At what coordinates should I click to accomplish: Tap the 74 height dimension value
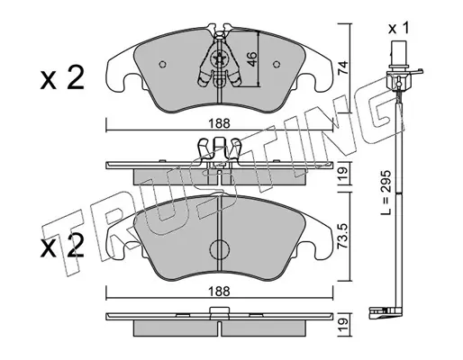pyautogui.click(x=343, y=67)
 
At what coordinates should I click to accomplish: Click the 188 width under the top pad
pyautogui.click(x=220, y=123)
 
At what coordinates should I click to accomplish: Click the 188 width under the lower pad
pyautogui.click(x=220, y=291)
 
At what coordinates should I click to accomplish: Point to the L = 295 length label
pyautogui.click(x=386, y=193)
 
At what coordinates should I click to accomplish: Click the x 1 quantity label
pyautogui.click(x=398, y=29)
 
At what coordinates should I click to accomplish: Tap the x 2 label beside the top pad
pyautogui.click(x=62, y=78)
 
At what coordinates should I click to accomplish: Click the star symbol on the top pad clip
pyautogui.click(x=218, y=58)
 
